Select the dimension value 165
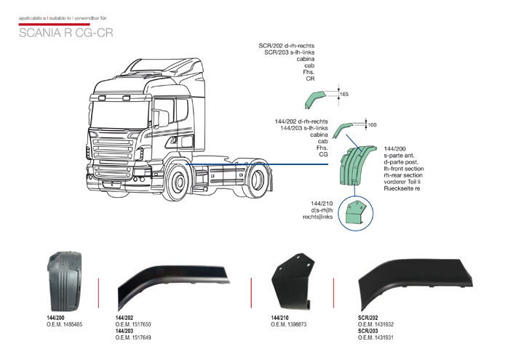pos(344,95)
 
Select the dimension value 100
pos(372,125)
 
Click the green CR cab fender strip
pos(318,97)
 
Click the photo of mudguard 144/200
pos(64,281)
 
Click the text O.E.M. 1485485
pos(65,324)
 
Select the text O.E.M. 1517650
pos(134,324)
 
